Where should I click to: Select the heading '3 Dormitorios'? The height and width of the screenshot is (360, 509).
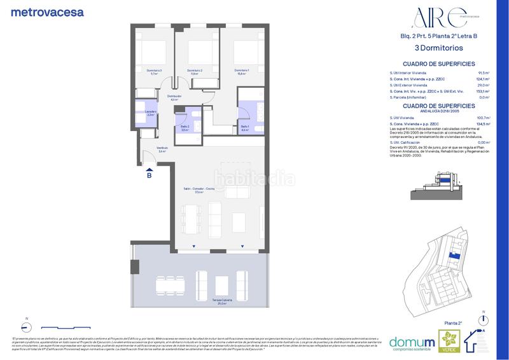pyautogui.click(x=438, y=48)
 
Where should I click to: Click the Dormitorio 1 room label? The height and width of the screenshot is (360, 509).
pyautogui.click(x=241, y=71)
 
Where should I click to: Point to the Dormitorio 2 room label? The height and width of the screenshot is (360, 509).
pyautogui.click(x=195, y=71)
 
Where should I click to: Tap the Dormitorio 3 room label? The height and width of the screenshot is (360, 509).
pyautogui.click(x=154, y=71)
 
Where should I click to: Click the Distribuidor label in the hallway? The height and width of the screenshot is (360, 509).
pyautogui.click(x=174, y=97)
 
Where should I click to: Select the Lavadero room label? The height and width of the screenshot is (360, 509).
pyautogui.click(x=151, y=113)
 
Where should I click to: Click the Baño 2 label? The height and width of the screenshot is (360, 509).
pyautogui.click(x=185, y=128)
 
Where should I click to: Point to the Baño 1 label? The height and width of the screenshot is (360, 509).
pyautogui.click(x=245, y=128)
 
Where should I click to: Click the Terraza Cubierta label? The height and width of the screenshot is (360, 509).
pyautogui.click(x=222, y=301)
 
